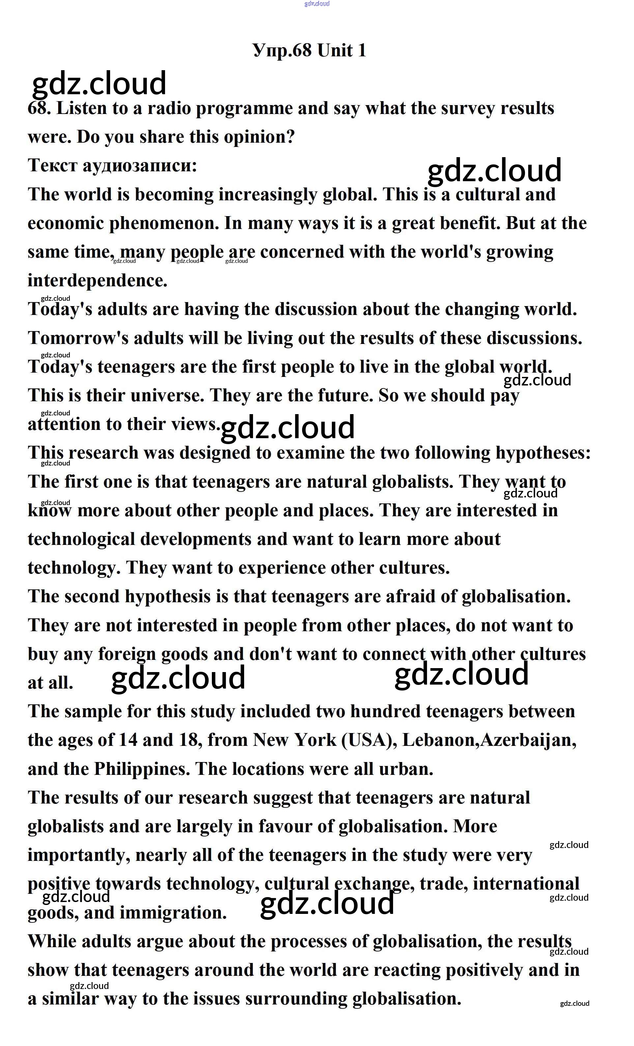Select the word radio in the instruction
(x=168, y=108)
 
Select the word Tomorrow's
(x=78, y=338)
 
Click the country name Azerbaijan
(x=528, y=740)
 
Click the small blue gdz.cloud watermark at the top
(x=317, y=4)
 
